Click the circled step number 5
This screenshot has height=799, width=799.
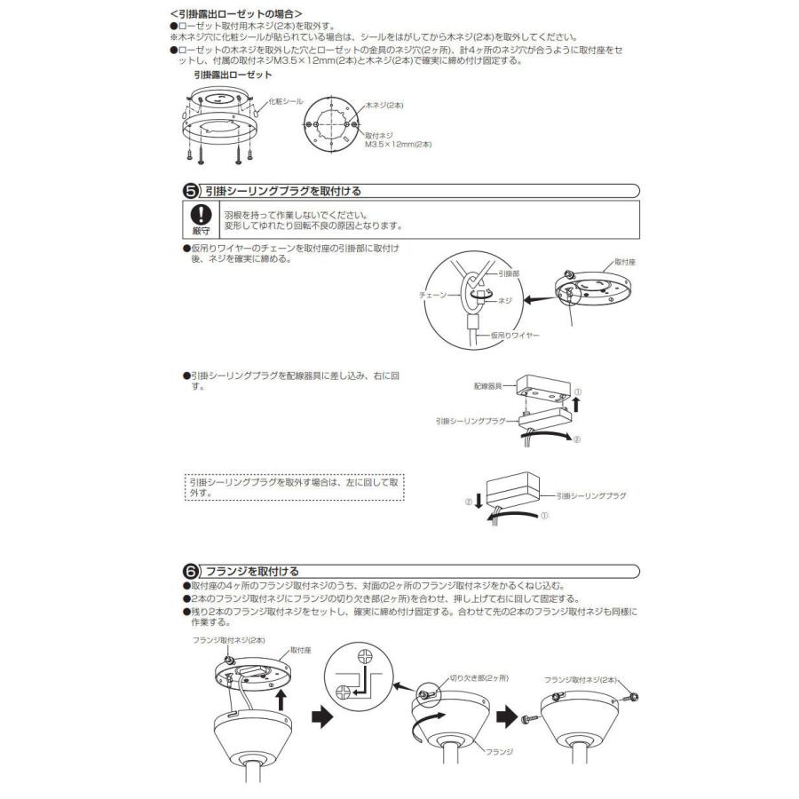(x=190, y=191)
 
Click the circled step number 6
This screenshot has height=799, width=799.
(x=190, y=571)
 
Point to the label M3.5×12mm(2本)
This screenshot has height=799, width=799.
(x=398, y=144)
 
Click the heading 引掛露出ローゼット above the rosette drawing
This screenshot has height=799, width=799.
(x=233, y=76)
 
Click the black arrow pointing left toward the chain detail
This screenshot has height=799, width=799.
(x=537, y=302)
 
